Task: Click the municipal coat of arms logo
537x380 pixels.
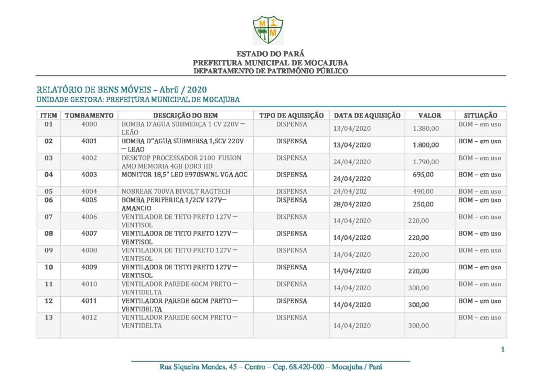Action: tap(268, 29)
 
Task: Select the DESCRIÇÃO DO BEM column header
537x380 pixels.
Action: tap(185, 115)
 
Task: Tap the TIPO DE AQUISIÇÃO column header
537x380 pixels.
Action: tap(292, 115)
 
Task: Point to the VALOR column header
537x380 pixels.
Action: tap(429, 115)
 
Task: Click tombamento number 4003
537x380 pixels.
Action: tap(89, 175)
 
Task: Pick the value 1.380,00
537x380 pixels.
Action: tap(426, 128)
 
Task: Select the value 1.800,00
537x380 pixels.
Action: tap(426, 145)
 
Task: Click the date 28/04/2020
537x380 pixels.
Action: tap(352, 204)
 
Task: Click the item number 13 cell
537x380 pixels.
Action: tap(48, 318)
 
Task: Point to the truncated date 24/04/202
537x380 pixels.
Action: tap(350, 192)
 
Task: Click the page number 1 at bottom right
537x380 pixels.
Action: tap(502, 350)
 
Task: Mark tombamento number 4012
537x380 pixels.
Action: tap(89, 318)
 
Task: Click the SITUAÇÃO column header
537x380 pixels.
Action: tap(480, 115)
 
